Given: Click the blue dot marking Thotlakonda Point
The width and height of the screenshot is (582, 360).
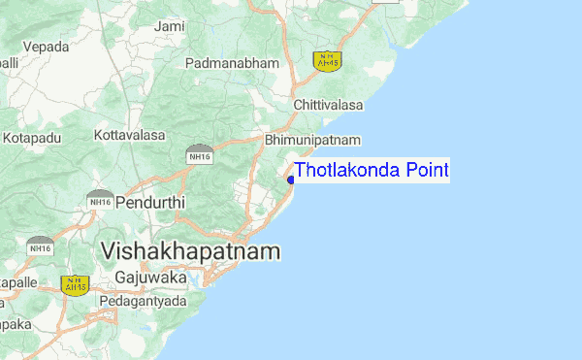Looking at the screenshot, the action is coord(291,179).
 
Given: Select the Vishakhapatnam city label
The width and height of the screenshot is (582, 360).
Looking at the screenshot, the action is coord(190,251).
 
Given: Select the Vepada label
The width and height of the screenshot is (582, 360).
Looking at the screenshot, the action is coord(46,47).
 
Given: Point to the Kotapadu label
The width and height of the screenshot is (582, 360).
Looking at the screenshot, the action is coord(33,138).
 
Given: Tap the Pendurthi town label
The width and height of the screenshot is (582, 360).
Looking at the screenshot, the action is coord(149,204).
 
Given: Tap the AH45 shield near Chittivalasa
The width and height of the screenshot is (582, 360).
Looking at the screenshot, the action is coord(326,59).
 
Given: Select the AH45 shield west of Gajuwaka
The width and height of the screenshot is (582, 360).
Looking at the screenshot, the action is coord(74,284).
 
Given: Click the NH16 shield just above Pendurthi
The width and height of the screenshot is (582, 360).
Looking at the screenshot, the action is coord(100,198).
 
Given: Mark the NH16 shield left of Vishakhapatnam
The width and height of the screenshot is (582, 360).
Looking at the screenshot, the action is coord(41,245).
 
